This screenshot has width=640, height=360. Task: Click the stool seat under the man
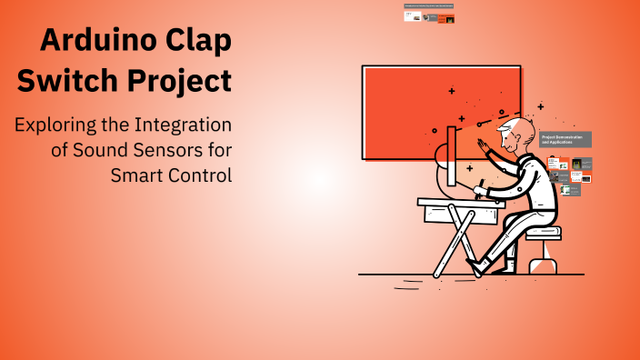coord(543,234)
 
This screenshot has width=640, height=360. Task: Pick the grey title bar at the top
coord(428,5)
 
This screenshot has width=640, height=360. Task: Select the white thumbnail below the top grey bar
coord(413,17)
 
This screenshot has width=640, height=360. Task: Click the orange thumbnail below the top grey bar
coord(445,18)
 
